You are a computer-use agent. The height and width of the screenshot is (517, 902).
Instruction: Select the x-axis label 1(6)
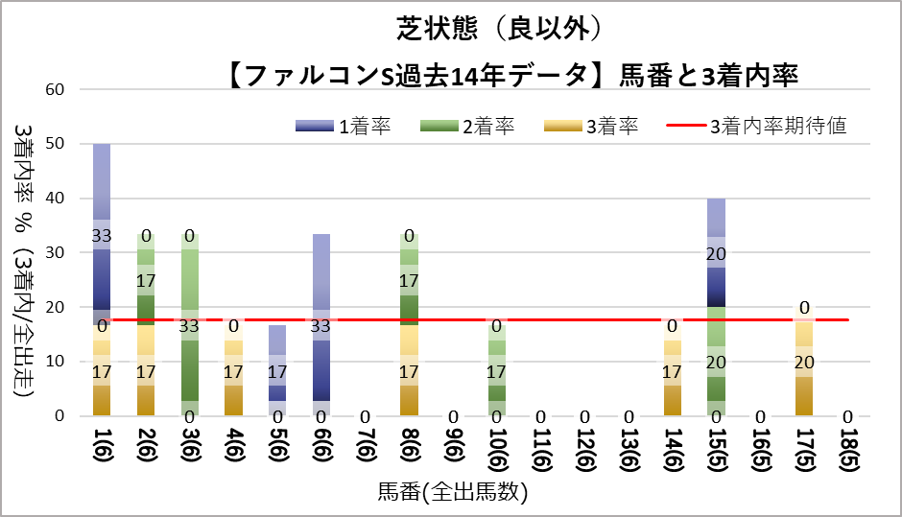click(101, 448)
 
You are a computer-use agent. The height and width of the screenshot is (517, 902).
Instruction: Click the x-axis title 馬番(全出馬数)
click(452, 494)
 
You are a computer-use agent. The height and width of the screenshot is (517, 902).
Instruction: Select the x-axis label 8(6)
click(409, 448)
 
